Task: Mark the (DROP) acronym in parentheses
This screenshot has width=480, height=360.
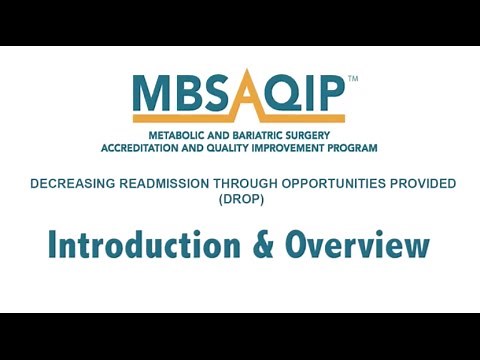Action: click(240, 199)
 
